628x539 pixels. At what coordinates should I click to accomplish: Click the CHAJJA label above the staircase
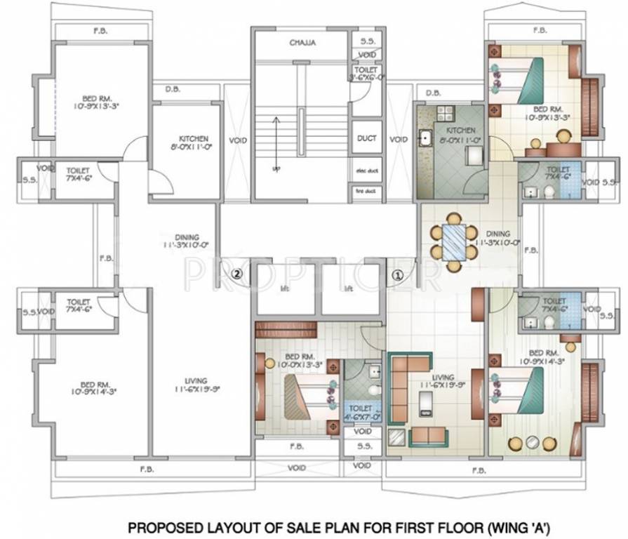(302, 43)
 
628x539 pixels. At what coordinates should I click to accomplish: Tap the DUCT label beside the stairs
(365, 138)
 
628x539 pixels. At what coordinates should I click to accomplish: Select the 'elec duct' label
(365, 171)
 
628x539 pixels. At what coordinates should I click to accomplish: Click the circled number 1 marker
(398, 276)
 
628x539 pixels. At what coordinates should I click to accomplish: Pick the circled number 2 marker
(237, 274)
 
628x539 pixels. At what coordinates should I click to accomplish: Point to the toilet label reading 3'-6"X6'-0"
(366, 74)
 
